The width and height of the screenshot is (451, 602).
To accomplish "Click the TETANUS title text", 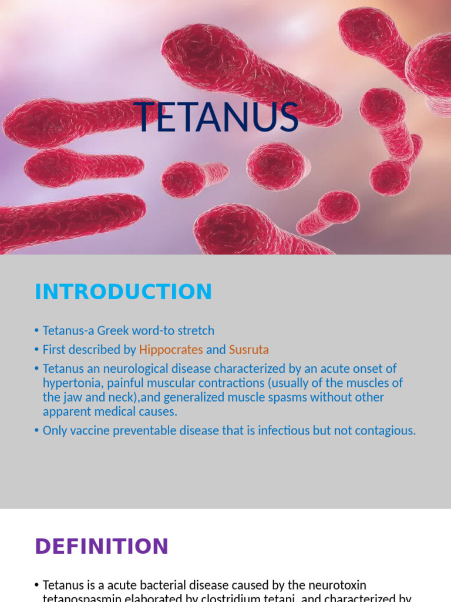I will (x=217, y=117).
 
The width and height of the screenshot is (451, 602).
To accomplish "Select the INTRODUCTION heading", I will (x=123, y=292).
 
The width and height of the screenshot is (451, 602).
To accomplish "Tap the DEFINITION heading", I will (x=102, y=546).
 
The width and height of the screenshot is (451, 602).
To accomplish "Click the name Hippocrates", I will (x=171, y=350).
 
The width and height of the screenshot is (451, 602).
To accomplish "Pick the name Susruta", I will (x=248, y=350).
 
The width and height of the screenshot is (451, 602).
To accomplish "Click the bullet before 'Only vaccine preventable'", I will (x=37, y=430).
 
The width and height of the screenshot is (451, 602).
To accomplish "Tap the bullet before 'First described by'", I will (x=37, y=350).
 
